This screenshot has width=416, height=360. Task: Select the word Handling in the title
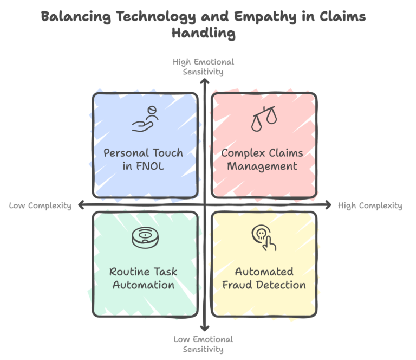point(204,34)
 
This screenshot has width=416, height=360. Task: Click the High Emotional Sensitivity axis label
point(204,67)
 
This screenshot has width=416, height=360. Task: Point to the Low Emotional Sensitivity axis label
point(204,344)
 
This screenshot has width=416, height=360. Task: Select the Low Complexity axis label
point(40,205)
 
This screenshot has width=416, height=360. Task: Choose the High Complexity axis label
point(370,205)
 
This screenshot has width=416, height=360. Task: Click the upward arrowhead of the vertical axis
point(204,82)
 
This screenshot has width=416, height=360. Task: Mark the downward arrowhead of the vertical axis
point(204,327)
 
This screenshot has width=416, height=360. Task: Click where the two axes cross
point(204,204)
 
